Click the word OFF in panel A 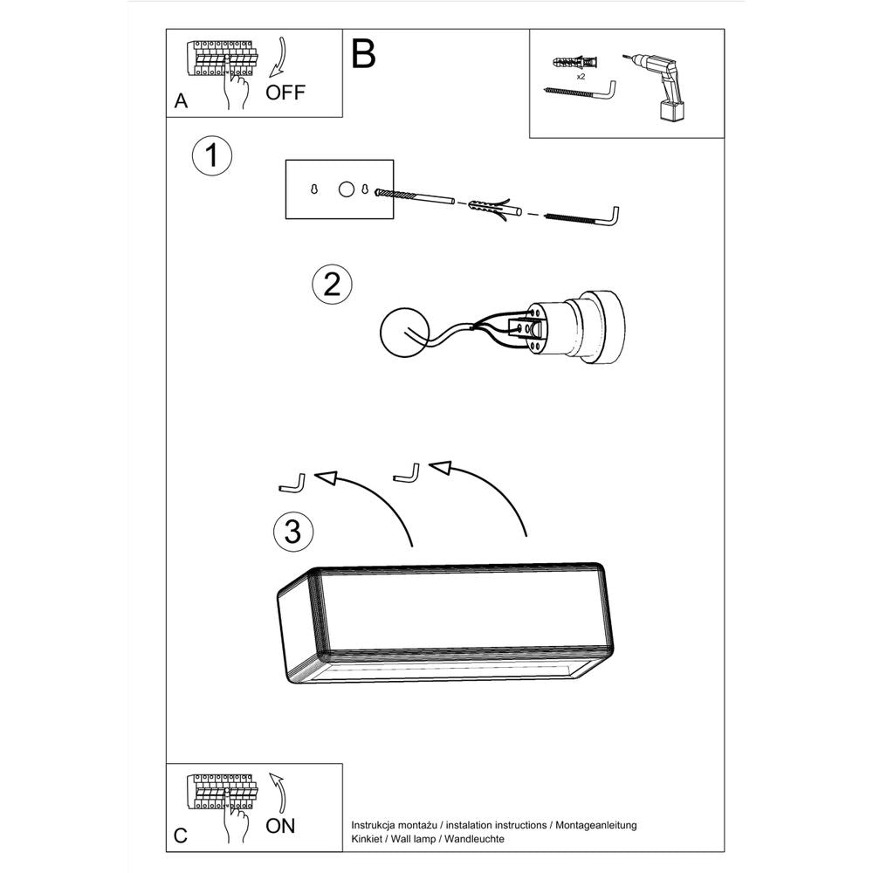point(285,92)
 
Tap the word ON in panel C point(281,825)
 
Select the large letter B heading point(363,54)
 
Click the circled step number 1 point(211,157)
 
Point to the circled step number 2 point(332,285)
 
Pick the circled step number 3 point(293,531)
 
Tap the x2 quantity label point(581,77)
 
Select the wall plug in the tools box point(577,64)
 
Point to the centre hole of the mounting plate point(346,189)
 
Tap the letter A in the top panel point(181,101)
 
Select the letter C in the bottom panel point(181,835)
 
